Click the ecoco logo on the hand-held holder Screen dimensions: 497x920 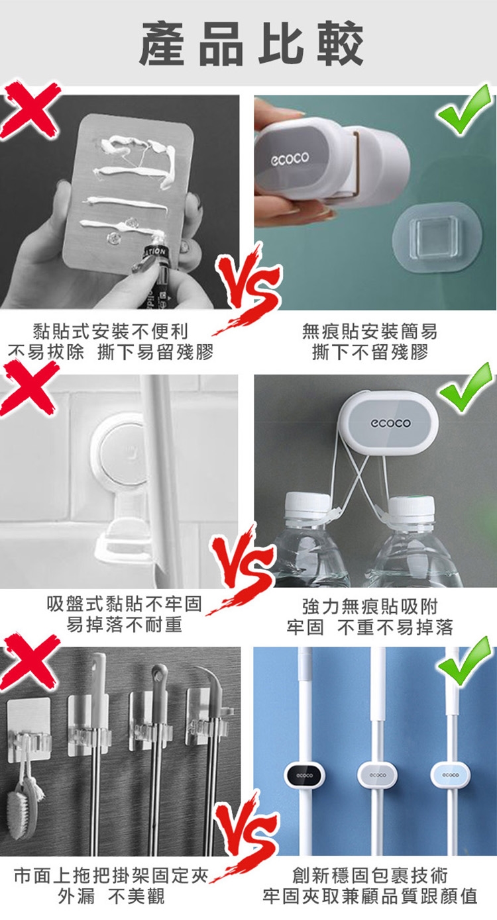(x=290, y=159)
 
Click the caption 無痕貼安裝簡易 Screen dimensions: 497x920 (x=370, y=331)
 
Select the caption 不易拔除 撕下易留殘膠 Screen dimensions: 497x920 (x=111, y=352)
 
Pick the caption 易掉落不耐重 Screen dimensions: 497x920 (x=124, y=625)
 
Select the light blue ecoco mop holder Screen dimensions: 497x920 (x=451, y=775)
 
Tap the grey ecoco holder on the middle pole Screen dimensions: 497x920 (x=378, y=775)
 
